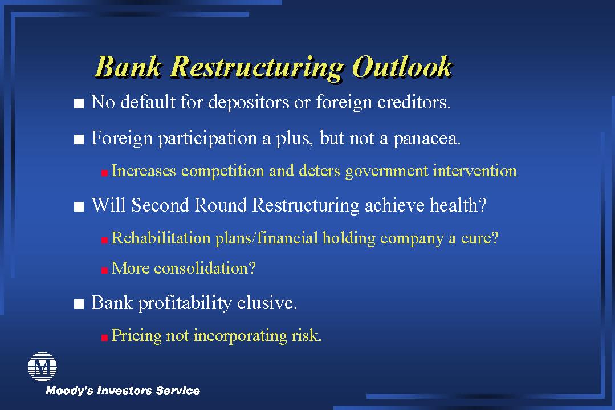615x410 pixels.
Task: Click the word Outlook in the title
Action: click(x=402, y=67)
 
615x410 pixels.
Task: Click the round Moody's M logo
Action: click(x=42, y=367)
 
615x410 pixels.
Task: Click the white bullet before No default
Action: click(x=79, y=104)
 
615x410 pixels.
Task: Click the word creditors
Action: click(x=414, y=102)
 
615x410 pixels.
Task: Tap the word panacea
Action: click(x=427, y=139)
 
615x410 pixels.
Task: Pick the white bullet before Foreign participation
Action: click(x=79, y=139)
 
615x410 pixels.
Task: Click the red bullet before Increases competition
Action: click(x=104, y=173)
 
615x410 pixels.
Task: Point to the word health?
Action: click(x=458, y=205)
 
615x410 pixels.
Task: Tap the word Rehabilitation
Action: click(x=161, y=238)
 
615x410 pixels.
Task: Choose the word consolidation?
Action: click(x=205, y=269)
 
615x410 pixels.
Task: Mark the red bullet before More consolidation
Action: click(x=104, y=270)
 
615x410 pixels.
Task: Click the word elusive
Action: click(x=267, y=303)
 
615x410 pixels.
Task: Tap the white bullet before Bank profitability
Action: click(x=79, y=304)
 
